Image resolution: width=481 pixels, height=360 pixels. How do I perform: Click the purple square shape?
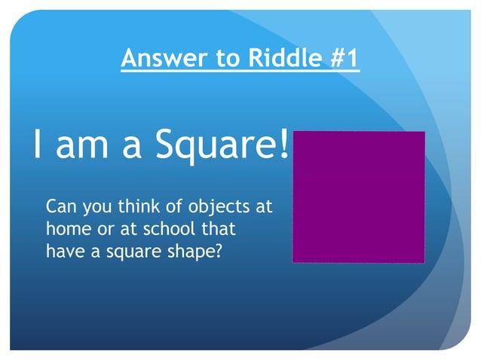pyautogui.click(x=358, y=197)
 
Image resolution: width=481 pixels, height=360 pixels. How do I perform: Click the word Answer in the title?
pyautogui.click(x=158, y=59)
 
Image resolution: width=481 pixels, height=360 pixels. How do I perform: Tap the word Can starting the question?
pyautogui.click(x=60, y=206)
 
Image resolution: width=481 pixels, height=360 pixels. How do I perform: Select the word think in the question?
pyautogui.click(x=130, y=206)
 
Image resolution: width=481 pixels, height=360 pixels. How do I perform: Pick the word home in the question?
pyautogui.click(x=66, y=228)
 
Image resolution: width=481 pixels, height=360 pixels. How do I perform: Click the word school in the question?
pyautogui.click(x=170, y=228)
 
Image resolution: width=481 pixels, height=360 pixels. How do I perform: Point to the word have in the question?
pyautogui.click(x=63, y=251)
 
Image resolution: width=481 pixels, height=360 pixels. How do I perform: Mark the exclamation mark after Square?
pyautogui.click(x=284, y=144)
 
